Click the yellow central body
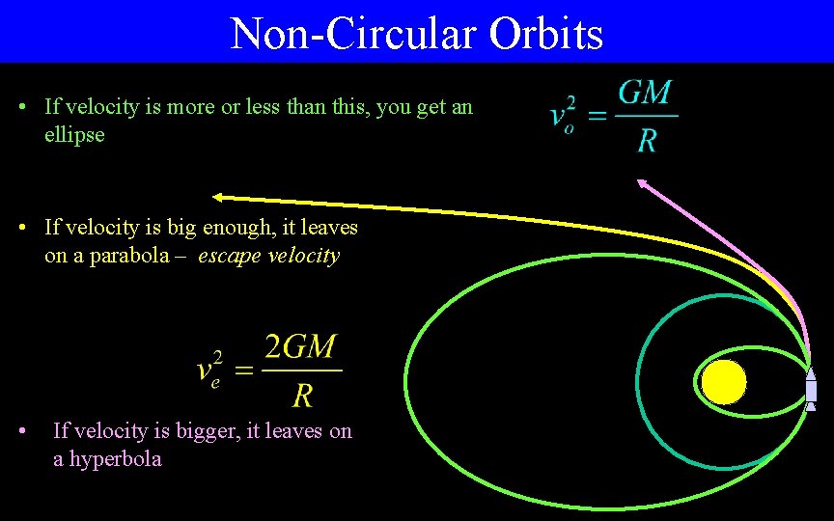point(724,382)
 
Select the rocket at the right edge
point(811,389)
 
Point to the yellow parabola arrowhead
point(218,197)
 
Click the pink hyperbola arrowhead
point(641,182)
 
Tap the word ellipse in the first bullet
point(74,134)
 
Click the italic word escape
point(228,256)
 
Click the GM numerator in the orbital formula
point(645,95)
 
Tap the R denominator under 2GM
point(302,394)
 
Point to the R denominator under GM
point(647,141)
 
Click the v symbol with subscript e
point(207,371)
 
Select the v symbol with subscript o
point(558,118)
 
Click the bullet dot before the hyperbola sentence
point(22,431)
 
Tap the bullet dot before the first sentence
point(22,107)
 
